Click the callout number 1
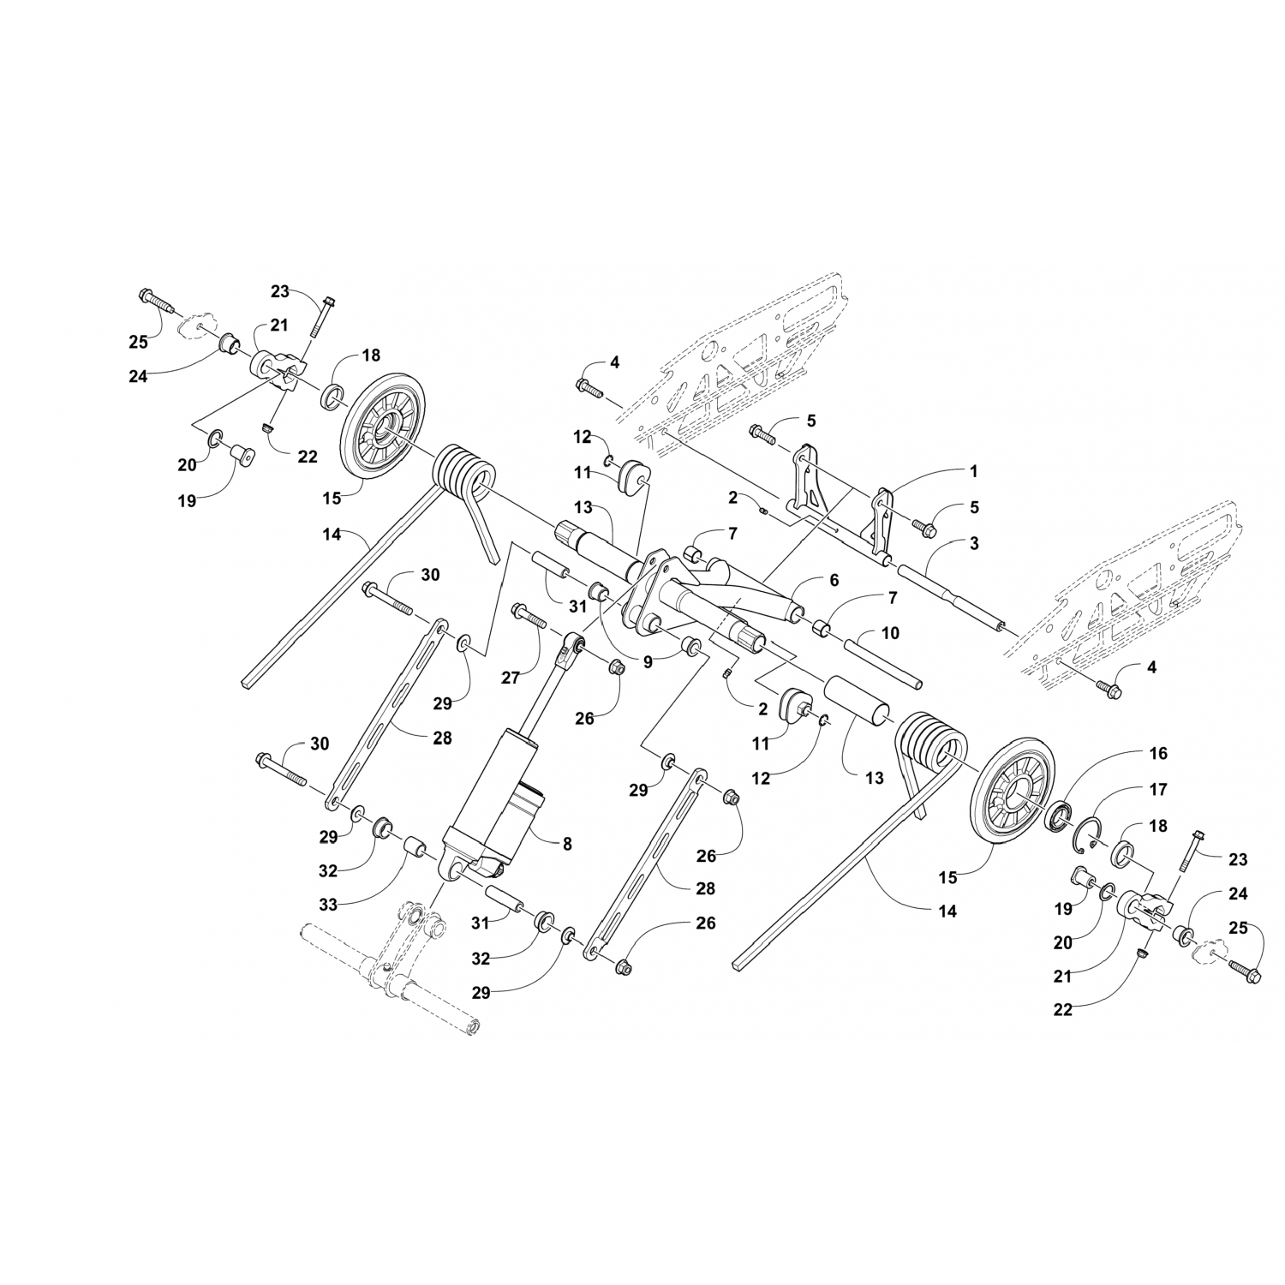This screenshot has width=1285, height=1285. coord(973,471)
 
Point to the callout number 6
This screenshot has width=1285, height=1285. coord(834,580)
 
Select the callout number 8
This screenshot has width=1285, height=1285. coord(567,843)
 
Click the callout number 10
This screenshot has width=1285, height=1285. coord(890,633)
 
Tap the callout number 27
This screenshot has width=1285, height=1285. coord(511,678)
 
